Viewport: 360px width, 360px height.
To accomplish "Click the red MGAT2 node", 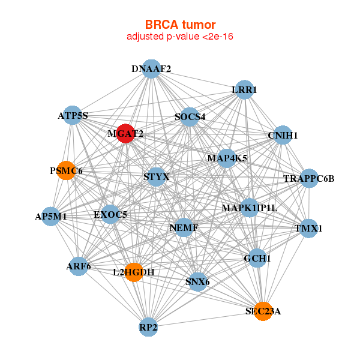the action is pyautogui.click(x=125, y=133).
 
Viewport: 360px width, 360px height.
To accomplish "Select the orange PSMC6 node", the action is pyautogui.click(x=66, y=170).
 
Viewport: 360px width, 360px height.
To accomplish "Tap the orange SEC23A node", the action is pyautogui.click(x=263, y=311).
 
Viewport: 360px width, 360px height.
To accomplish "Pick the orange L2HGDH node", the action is pyautogui.click(x=134, y=272).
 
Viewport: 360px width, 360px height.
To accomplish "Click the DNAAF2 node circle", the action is pyautogui.click(x=151, y=69).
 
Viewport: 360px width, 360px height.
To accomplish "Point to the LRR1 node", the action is pyautogui.click(x=245, y=89).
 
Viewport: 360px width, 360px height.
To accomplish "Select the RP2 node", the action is pyautogui.click(x=148, y=327).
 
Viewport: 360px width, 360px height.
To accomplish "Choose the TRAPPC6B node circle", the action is pyautogui.click(x=309, y=178).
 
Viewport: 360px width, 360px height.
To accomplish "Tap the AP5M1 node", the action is pyautogui.click(x=51, y=216).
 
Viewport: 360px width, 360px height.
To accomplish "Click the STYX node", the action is pyautogui.click(x=156, y=177).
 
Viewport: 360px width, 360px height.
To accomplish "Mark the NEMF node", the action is pyautogui.click(x=184, y=227).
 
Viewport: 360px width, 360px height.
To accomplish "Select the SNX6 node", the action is pyautogui.click(x=197, y=282).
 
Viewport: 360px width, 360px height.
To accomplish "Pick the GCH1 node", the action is pyautogui.click(x=257, y=258).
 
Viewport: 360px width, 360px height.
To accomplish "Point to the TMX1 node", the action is pyautogui.click(x=308, y=228).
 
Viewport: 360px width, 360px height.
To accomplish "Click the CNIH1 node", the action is pyautogui.click(x=283, y=135).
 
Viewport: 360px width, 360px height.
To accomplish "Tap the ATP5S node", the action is pyautogui.click(x=73, y=115).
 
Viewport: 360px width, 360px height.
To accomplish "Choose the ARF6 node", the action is pyautogui.click(x=79, y=266).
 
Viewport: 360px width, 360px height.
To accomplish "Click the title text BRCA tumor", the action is pyautogui.click(x=180, y=25).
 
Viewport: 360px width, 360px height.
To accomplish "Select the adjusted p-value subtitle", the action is pyautogui.click(x=180, y=37).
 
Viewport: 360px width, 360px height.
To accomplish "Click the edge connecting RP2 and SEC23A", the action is pyautogui.click(x=206, y=319).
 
